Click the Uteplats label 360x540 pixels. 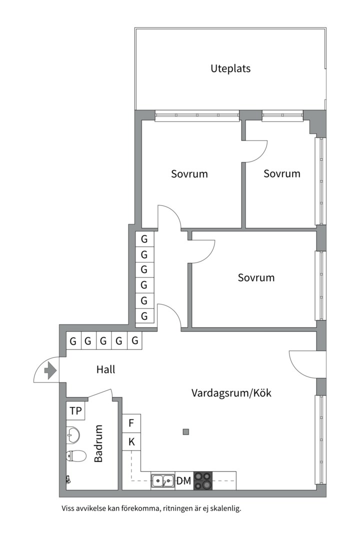pyautogui.click(x=230, y=68)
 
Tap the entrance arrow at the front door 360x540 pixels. pyautogui.click(x=50, y=370)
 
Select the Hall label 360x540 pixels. pyautogui.click(x=106, y=369)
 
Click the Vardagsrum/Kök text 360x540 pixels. pyautogui.click(x=231, y=393)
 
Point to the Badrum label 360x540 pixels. pyautogui.click(x=98, y=443)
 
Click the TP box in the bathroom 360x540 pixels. pyautogui.click(x=75, y=410)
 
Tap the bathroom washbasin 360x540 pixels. pyautogui.click(x=72, y=434)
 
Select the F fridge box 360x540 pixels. pyautogui.click(x=131, y=423)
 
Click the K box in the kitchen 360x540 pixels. pyautogui.click(x=131, y=441)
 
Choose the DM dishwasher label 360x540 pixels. pyautogui.click(x=183, y=481)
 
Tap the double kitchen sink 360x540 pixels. pyautogui.click(x=163, y=480)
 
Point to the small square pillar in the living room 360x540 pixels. pyautogui.click(x=186, y=432)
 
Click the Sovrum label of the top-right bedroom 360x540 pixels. pyautogui.click(x=282, y=173)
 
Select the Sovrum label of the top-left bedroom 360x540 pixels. pyautogui.click(x=189, y=174)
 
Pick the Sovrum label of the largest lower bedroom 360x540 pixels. pyautogui.click(x=256, y=277)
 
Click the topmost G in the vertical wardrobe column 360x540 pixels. pyautogui.click(x=144, y=239)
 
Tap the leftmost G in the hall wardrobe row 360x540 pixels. pyautogui.click(x=73, y=341)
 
